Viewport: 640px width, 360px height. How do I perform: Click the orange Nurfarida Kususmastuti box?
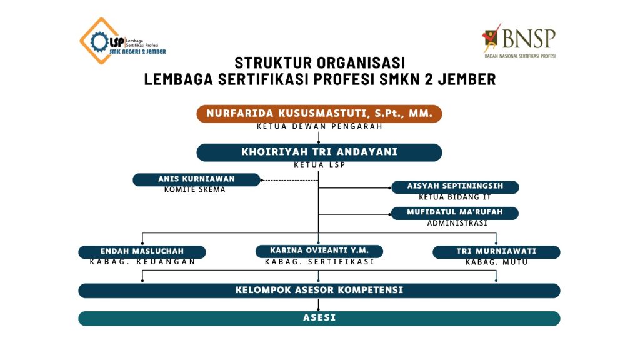(x=319, y=114)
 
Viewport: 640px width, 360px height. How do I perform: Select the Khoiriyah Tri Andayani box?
(x=319, y=152)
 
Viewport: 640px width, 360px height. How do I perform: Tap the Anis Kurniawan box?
(x=196, y=179)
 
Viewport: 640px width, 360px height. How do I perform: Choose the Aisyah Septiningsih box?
(x=454, y=187)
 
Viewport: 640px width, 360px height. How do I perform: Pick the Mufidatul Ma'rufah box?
(x=454, y=212)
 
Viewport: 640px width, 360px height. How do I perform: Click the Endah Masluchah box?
(x=142, y=252)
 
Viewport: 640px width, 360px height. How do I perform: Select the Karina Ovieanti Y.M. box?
(x=319, y=251)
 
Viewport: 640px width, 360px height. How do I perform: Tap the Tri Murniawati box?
(x=496, y=252)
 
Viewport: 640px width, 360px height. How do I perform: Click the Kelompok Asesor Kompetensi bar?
(x=319, y=291)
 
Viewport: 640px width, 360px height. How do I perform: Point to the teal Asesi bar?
(x=319, y=318)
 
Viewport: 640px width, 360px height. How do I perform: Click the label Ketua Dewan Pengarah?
(x=319, y=126)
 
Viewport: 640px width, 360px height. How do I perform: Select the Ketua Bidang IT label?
(x=454, y=197)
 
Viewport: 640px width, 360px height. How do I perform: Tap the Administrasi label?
(x=457, y=223)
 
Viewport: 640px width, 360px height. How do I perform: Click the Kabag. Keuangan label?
(x=142, y=262)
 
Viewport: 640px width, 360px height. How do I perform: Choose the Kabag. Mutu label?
(x=496, y=262)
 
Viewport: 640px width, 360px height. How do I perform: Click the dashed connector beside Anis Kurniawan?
(x=289, y=180)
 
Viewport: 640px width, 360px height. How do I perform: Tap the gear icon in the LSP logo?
(x=99, y=42)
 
